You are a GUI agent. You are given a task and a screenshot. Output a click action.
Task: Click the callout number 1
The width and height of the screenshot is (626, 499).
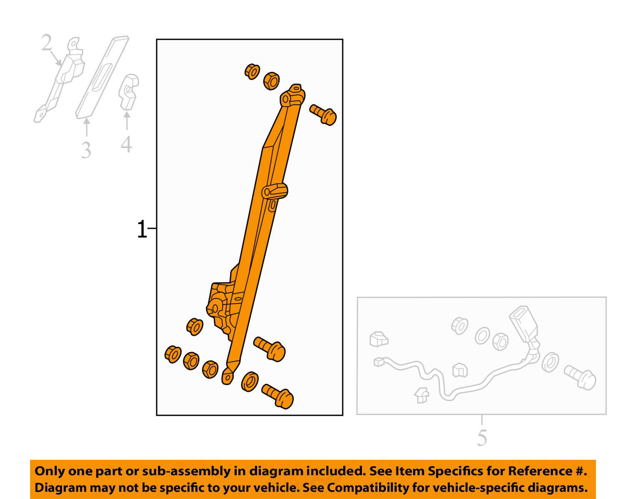point(142,229)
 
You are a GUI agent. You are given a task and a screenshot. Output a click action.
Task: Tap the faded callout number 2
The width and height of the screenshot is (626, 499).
point(47,43)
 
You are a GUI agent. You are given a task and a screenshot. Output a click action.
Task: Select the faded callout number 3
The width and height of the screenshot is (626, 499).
point(86,150)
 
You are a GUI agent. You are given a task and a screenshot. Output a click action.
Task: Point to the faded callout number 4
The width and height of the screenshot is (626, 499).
point(126,144)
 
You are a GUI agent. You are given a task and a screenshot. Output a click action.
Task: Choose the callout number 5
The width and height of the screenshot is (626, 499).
point(482,437)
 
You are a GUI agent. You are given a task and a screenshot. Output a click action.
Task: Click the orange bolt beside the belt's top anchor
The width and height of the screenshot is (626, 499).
point(323,115)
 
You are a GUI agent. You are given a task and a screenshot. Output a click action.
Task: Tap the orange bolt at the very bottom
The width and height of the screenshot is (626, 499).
point(278,396)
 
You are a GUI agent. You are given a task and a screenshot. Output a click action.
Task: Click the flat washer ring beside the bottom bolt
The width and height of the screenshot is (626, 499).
point(250,381)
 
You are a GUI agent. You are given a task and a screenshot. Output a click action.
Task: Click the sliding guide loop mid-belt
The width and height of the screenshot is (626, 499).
point(275,192)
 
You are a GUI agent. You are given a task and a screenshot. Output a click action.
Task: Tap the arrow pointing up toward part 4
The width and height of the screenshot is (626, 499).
point(127,121)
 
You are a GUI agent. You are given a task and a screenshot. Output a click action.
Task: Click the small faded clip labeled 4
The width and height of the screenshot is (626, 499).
point(128,92)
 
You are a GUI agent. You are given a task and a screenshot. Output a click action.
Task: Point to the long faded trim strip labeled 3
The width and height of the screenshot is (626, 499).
point(102,77)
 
